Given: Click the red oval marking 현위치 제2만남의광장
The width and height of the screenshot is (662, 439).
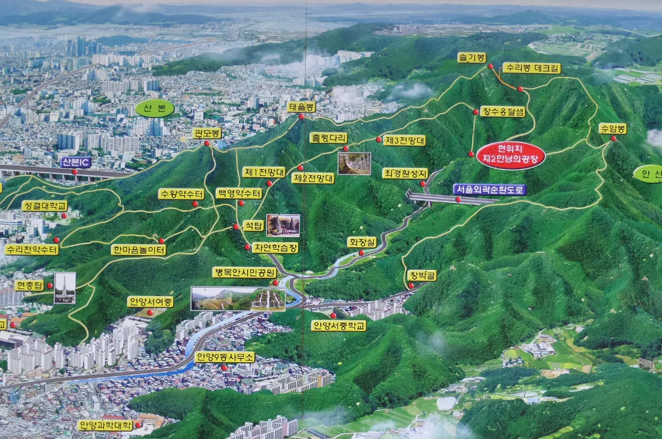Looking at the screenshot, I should (x=510, y=155).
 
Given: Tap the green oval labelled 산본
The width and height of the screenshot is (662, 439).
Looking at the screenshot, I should (x=154, y=108).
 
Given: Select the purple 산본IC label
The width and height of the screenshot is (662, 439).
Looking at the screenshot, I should (x=75, y=162).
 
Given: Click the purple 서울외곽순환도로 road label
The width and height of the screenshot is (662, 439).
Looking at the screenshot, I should (x=489, y=190).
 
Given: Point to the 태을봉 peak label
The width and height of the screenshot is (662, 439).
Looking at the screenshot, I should (x=301, y=106).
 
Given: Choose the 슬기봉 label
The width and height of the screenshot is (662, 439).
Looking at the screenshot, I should (x=472, y=57).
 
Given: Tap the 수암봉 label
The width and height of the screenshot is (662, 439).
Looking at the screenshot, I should (x=612, y=128).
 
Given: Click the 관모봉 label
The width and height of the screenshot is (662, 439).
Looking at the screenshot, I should (x=207, y=133).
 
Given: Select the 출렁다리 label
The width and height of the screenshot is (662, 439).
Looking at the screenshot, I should (x=328, y=138).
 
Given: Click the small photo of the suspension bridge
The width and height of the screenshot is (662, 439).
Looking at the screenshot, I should (x=354, y=163).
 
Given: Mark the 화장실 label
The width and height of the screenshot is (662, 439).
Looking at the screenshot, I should (x=362, y=242).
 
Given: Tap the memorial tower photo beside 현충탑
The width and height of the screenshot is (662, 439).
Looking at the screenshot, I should (x=65, y=288).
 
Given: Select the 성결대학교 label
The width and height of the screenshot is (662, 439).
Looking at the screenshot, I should (x=45, y=206).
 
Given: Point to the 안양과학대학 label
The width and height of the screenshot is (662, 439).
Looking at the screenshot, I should (x=105, y=425).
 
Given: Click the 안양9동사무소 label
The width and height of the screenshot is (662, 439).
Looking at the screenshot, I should (x=225, y=356).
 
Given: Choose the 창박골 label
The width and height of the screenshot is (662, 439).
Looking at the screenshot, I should (x=422, y=276).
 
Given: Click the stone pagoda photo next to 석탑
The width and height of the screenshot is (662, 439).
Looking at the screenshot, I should (x=283, y=225).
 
